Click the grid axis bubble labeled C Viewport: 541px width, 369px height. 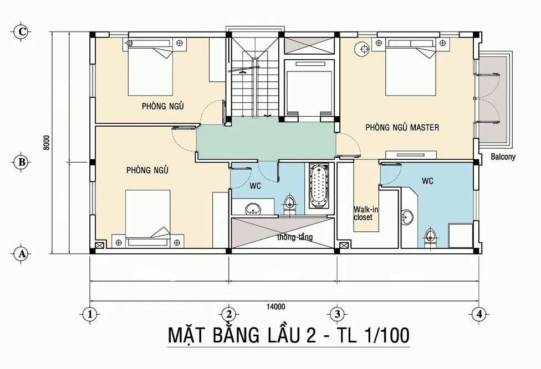(22, 32)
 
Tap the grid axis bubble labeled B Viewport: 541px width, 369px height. (22, 162)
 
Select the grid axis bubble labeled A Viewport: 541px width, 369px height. (22, 254)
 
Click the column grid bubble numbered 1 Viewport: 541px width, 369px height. (90, 314)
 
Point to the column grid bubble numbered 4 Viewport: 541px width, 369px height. (479, 314)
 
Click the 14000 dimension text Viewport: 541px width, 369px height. (276, 306)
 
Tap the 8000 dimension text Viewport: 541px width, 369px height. (47, 143)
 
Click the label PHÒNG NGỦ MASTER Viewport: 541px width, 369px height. (402, 127)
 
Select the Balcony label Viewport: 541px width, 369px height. (503, 157)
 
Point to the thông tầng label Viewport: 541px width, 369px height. (295, 237)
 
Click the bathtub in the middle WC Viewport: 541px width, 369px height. (319, 186)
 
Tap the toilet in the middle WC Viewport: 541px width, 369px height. (289, 205)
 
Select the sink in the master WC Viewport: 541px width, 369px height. (407, 217)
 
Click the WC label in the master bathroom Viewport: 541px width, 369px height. (427, 181)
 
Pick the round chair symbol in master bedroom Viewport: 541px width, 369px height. (363, 50)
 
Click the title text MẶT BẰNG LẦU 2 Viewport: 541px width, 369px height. (242, 335)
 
